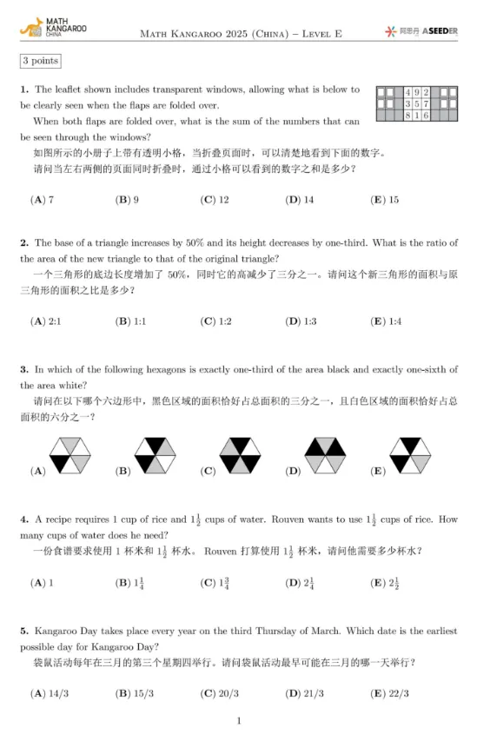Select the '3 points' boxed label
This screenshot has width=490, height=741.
[40, 61]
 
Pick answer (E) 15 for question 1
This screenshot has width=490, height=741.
[385, 200]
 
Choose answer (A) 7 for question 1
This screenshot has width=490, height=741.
[43, 200]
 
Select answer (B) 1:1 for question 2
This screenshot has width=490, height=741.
[131, 321]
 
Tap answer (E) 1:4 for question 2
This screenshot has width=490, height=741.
[386, 321]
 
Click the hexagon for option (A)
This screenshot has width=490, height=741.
[68, 453]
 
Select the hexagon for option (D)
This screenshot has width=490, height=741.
[324, 453]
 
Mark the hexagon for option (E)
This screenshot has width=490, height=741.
[409, 453]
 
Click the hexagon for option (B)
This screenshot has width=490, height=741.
[154, 453]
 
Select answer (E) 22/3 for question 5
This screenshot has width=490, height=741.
[389, 693]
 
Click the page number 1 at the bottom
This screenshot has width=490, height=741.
[239, 721]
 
